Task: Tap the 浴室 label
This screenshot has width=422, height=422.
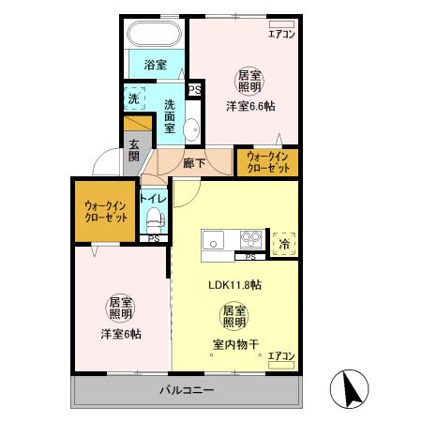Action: [x=155, y=65]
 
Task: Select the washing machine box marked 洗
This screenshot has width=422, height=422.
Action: [x=133, y=98]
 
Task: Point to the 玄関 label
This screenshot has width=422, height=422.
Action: [x=134, y=151]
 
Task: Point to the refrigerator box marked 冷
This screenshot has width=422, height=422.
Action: [x=284, y=243]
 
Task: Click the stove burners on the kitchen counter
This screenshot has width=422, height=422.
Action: [x=250, y=238]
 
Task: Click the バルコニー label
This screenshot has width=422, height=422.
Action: [x=186, y=389]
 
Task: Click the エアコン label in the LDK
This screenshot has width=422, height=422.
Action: [x=281, y=356]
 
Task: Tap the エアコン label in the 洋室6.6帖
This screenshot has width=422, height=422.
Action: [x=281, y=35]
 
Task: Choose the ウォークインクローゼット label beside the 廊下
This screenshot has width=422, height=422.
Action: [x=267, y=162]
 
